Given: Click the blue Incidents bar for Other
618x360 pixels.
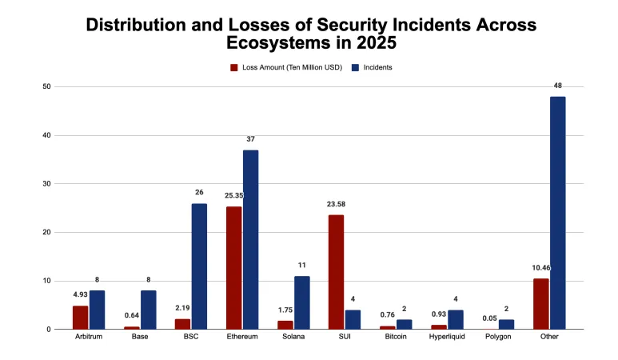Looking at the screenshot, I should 557,213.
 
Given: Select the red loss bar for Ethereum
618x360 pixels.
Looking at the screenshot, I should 233,267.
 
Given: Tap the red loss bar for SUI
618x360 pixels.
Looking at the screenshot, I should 336,272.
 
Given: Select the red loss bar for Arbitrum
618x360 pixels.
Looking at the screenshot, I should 80,317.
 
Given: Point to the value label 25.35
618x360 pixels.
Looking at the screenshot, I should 233,194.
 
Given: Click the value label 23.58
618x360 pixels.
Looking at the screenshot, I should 336,204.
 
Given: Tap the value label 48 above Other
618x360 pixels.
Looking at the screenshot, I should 557,84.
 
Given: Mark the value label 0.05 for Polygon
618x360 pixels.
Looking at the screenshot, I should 489,318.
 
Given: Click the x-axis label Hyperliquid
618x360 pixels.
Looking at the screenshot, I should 447,337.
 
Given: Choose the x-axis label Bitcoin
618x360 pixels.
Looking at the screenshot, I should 396,337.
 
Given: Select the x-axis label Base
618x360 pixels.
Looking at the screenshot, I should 140,337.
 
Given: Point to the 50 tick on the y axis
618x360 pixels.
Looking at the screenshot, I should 48,86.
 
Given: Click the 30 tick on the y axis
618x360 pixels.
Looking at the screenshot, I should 48,184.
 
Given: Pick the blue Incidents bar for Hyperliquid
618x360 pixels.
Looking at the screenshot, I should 455,319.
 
